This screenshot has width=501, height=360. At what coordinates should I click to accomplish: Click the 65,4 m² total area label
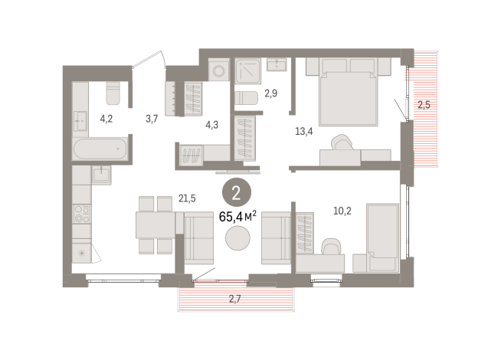pos(237,217)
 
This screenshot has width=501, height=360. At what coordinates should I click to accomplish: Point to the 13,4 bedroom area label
pos(304,130)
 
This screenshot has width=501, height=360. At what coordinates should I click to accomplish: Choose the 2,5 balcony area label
pos(424,105)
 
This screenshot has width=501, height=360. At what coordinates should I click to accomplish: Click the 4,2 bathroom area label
pos(107,119)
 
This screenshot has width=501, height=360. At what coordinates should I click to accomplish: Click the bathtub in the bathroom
pos(100,148)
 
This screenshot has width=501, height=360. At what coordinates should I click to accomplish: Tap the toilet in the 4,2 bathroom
pos(113,93)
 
